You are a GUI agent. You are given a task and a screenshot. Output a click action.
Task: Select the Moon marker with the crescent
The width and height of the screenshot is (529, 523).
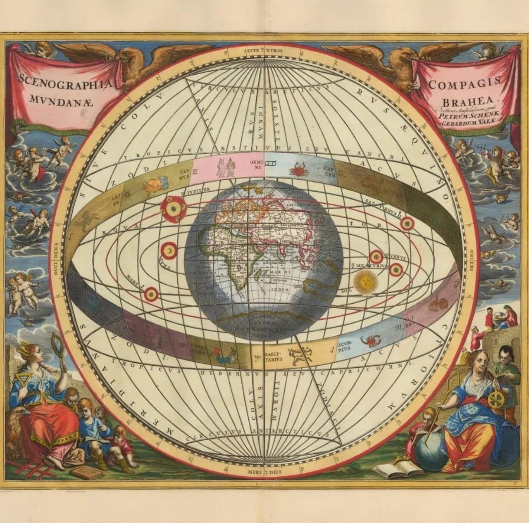tap(169, 250)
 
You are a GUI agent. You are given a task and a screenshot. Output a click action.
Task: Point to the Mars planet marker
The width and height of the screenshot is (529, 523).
tap(152, 294)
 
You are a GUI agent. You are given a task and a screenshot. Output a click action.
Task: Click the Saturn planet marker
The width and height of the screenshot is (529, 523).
tap(407, 223)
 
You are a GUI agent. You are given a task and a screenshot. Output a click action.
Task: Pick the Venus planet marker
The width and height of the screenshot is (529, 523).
tap(376, 257)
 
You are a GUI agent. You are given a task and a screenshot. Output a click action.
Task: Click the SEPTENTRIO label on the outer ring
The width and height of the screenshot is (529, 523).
tap(263, 50)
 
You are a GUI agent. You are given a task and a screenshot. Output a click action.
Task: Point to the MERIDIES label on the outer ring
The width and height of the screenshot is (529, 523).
tap(263, 471)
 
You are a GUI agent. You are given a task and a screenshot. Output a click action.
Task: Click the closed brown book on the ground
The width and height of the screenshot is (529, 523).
tap(86, 473)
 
